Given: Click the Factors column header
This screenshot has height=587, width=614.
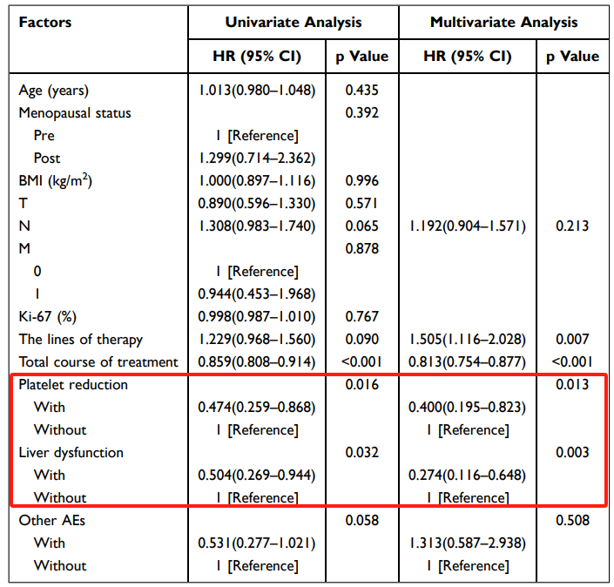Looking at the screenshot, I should coord(45,22).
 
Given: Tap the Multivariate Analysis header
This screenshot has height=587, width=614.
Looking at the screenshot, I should coord(503,22).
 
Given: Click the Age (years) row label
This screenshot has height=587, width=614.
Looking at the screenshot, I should coord(54,90).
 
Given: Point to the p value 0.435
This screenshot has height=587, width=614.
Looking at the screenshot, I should coord(361,90).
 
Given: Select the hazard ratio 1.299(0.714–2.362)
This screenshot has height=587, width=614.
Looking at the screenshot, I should coord(257,158).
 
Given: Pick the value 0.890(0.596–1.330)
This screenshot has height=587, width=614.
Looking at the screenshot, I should coord(257,203).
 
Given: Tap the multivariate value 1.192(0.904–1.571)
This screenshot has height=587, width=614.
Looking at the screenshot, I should coord(467,226).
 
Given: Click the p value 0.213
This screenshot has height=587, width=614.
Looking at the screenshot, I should coord(572,226).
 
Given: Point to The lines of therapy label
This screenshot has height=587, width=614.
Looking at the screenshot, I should coord(80,339).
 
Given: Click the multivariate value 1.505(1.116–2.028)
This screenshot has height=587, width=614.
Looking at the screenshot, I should coord(467,339).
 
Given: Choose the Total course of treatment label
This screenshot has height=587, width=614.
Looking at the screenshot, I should coord(98,361).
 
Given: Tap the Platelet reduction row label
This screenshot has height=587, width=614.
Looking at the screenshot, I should coord(73,384).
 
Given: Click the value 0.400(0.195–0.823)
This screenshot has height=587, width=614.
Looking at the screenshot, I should coord(467,407).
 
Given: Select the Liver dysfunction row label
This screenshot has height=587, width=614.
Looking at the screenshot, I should coord(71,452).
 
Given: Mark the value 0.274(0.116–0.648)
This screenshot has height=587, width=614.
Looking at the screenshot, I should coord(467,475).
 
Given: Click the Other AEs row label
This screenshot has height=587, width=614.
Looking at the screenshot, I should coord(51,520).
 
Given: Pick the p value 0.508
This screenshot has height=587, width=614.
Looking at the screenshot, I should coord(572,520).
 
